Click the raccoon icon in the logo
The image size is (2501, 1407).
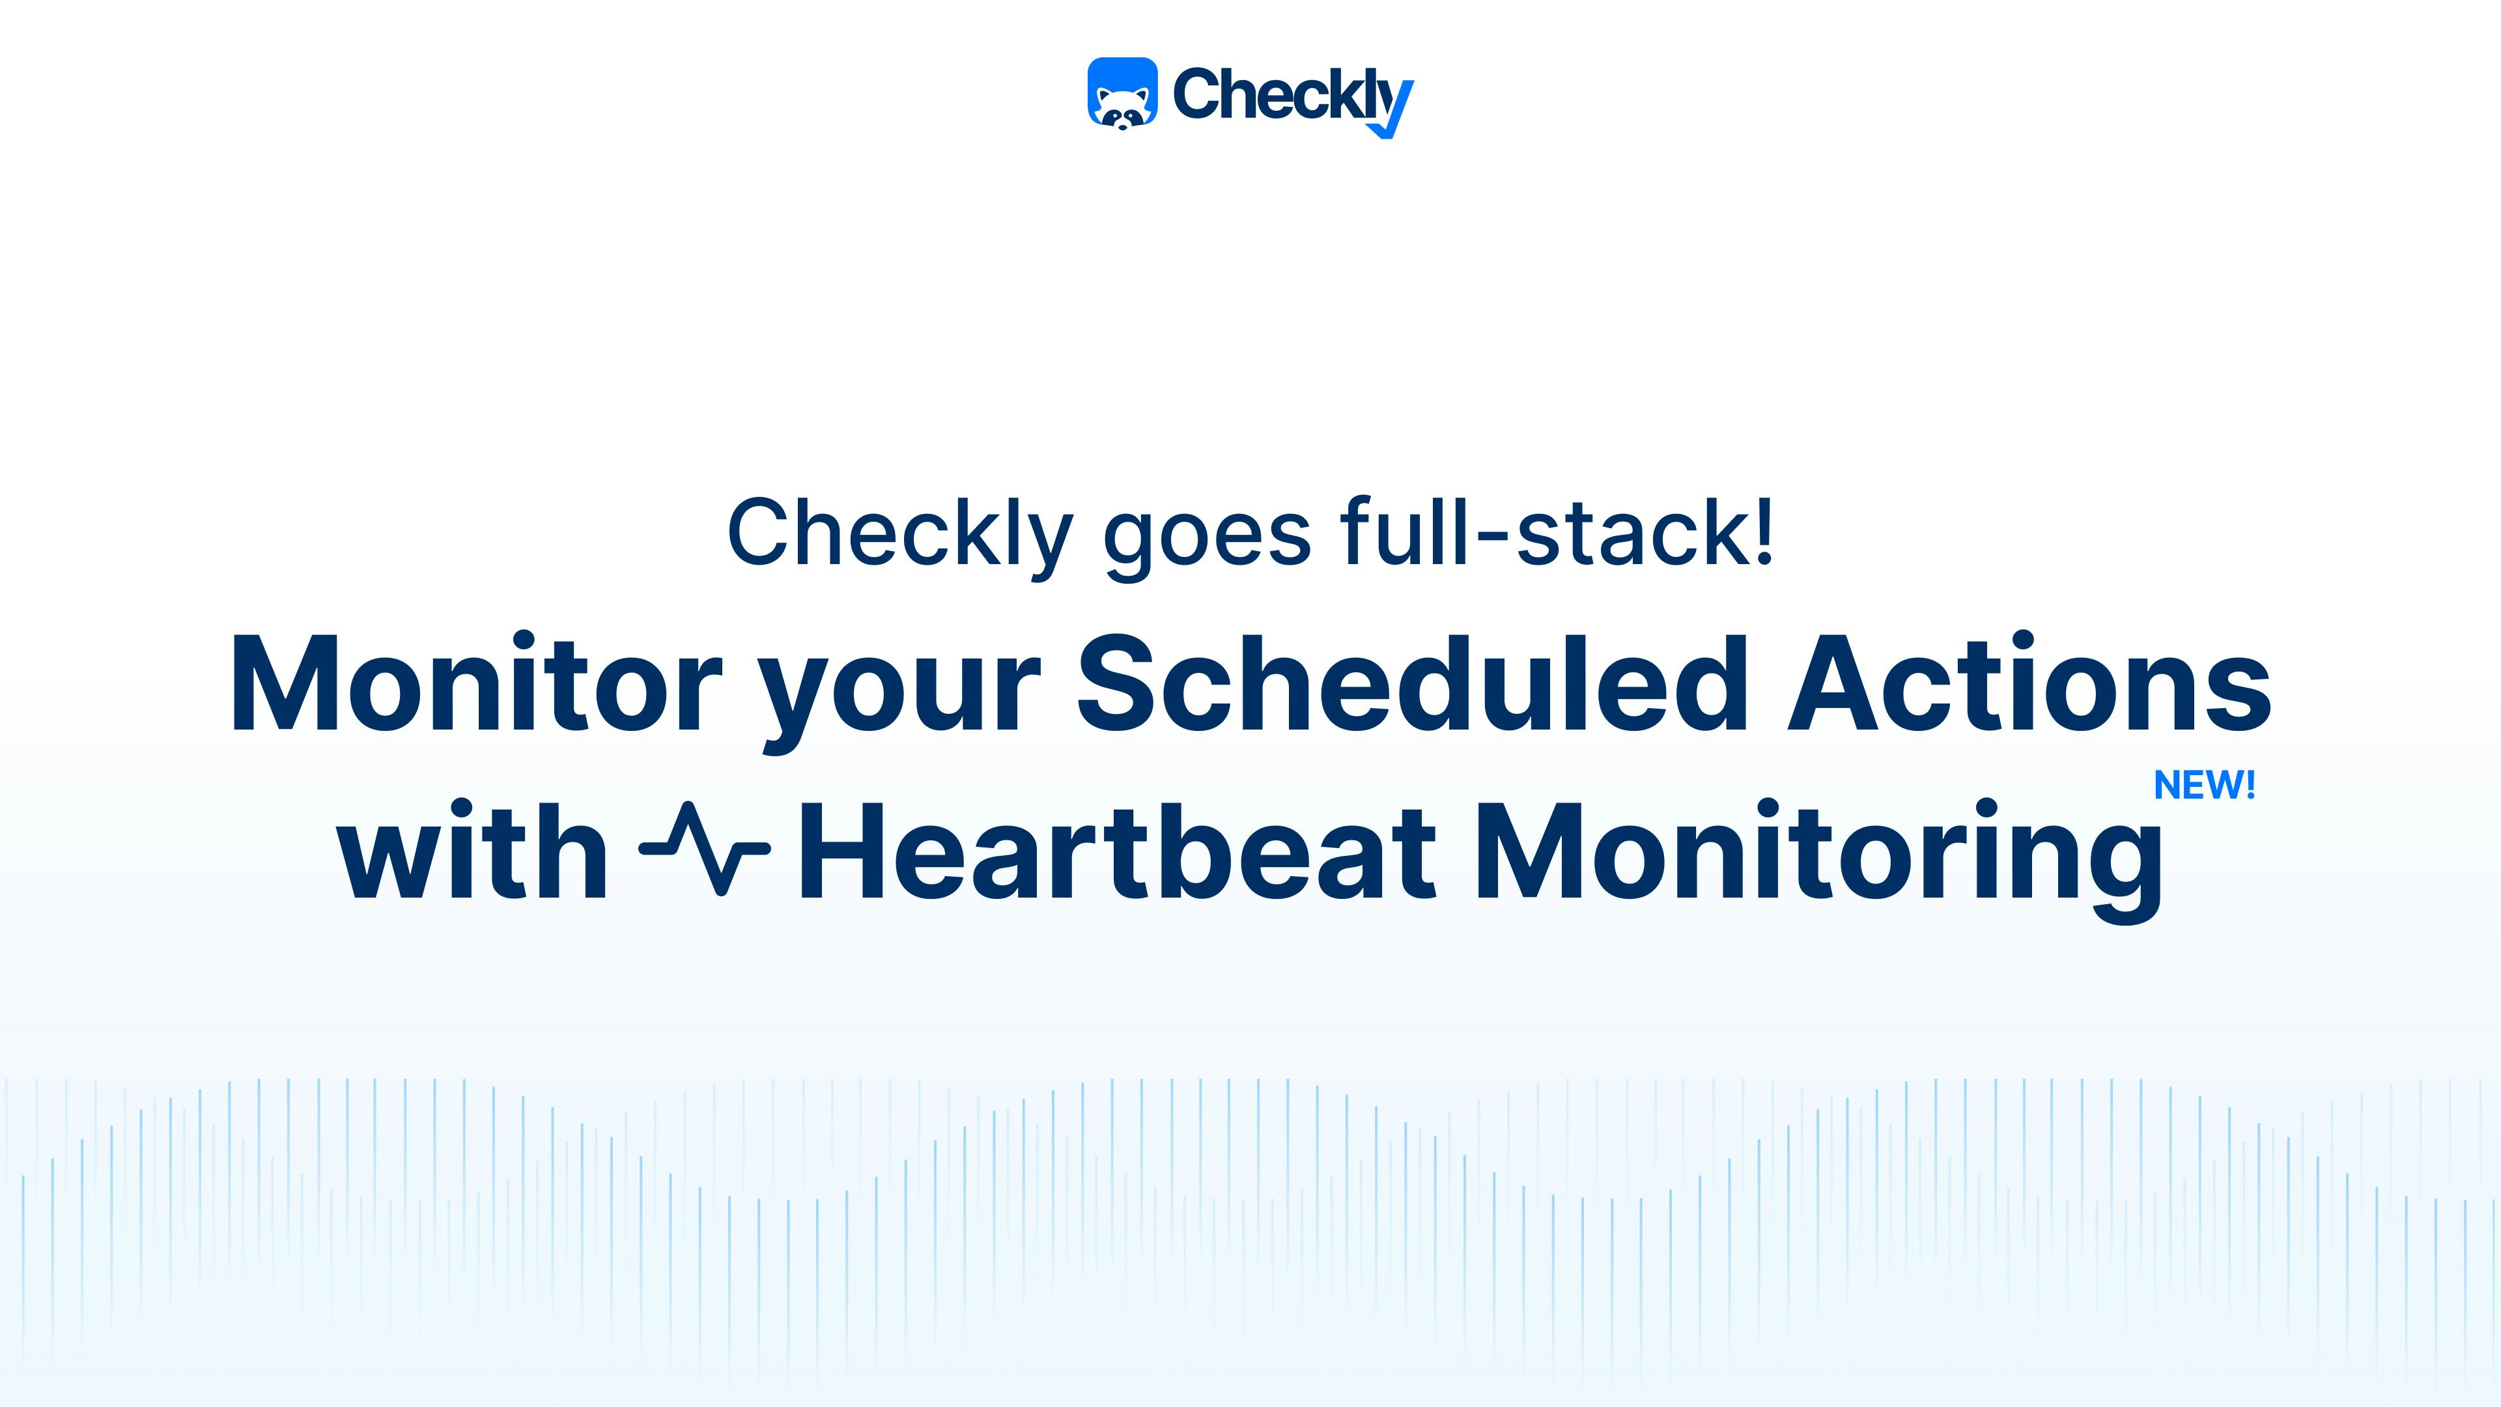[x=1122, y=92]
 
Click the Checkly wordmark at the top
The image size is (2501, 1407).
[x=1292, y=95]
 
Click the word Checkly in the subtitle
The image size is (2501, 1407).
[x=899, y=534]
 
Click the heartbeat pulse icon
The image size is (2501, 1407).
[x=705, y=847]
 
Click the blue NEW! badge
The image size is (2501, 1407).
[x=2204, y=784]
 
